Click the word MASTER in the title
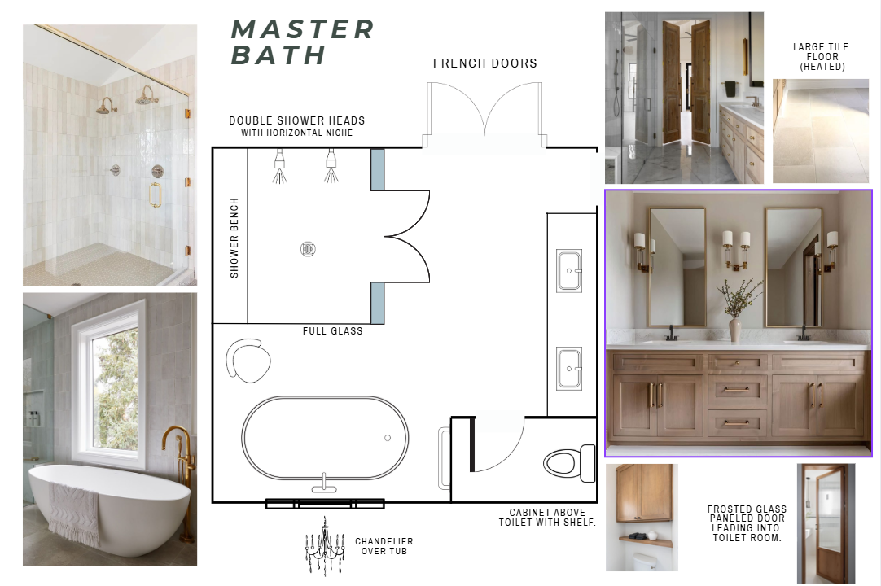click(x=302, y=30)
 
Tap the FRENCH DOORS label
click(x=485, y=63)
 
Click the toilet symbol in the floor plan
click(x=569, y=464)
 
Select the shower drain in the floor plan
click(x=308, y=249)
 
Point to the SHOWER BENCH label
click(x=234, y=238)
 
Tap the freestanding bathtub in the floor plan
click(x=325, y=438)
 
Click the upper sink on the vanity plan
click(x=569, y=271)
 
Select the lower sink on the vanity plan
click(x=569, y=369)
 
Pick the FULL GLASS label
click(x=333, y=331)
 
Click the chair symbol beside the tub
click(x=248, y=360)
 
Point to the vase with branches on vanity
click(x=736, y=310)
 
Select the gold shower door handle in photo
click(x=155, y=195)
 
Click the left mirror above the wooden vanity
click(x=677, y=267)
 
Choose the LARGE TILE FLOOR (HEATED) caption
click(x=821, y=57)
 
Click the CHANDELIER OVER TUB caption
click(x=384, y=546)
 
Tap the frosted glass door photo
click(x=826, y=523)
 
